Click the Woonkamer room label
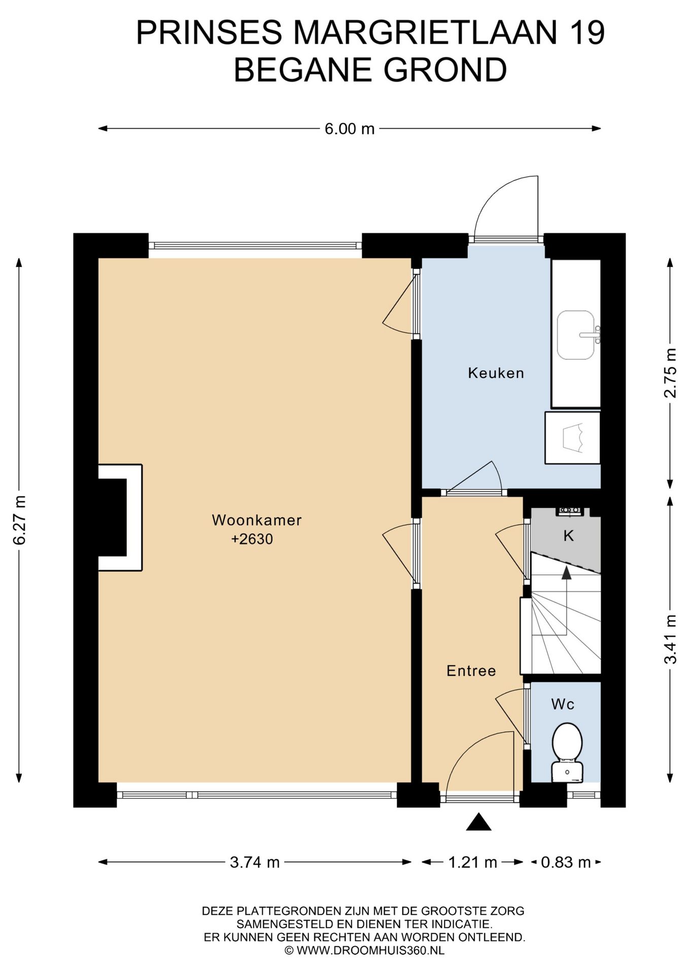pyautogui.click(x=257, y=520)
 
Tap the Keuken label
pyautogui.click(x=496, y=373)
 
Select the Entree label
pyautogui.click(x=471, y=671)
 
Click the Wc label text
pyautogui.click(x=563, y=704)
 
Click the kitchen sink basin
pyautogui.click(x=575, y=335)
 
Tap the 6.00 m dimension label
pyautogui.click(x=350, y=129)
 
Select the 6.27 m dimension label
pyautogui.click(x=19, y=520)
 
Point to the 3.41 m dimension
pyautogui.click(x=670, y=639)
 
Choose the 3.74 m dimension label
pyautogui.click(x=255, y=862)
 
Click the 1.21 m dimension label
pyautogui.click(x=472, y=862)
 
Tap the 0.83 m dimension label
pyautogui.click(x=566, y=862)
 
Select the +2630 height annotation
pyautogui.click(x=252, y=539)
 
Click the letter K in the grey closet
pyautogui.click(x=568, y=536)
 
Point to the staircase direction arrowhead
pyautogui.click(x=566, y=573)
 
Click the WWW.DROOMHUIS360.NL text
pyautogui.click(x=370, y=950)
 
